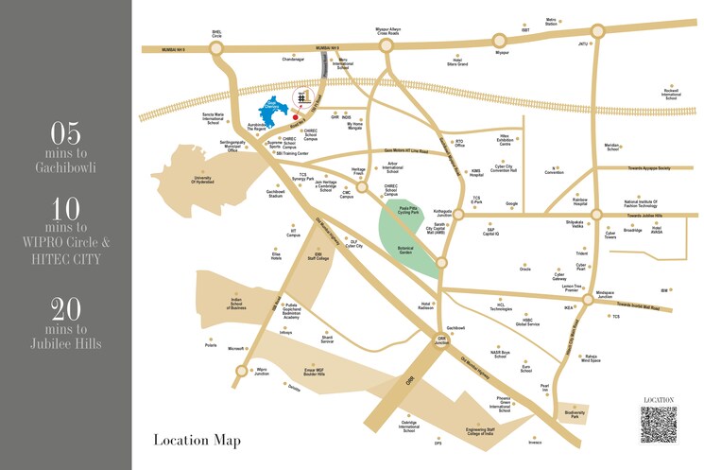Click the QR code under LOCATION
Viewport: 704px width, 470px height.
[658, 425]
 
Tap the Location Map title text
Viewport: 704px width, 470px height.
[197, 441]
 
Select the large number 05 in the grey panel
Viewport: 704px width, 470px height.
[65, 131]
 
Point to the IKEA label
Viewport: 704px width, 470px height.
[569, 307]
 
